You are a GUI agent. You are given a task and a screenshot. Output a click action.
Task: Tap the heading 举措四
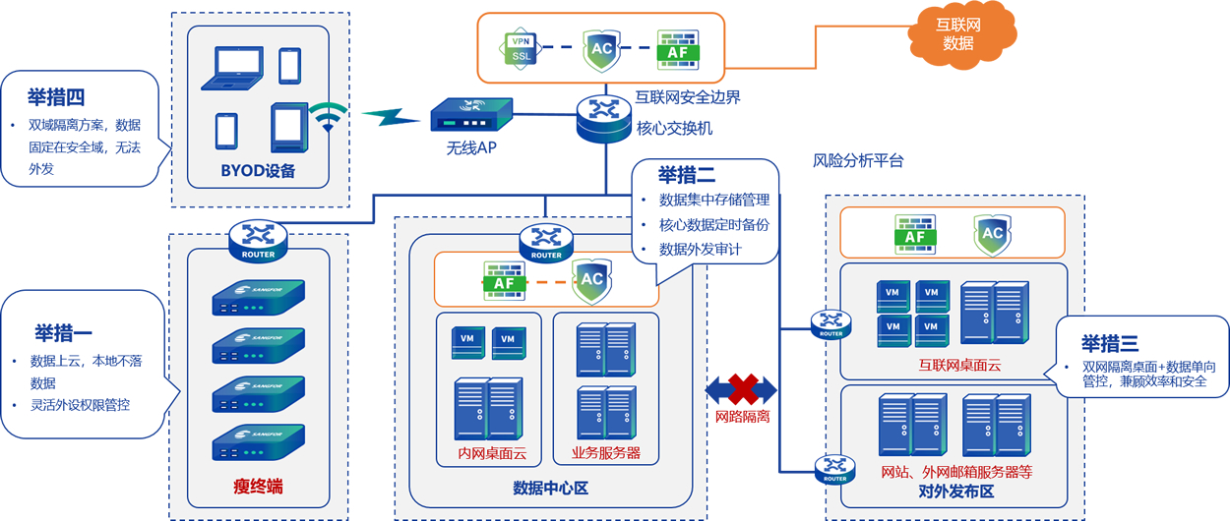click(56, 97)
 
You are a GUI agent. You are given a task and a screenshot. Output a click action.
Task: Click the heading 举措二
click(687, 175)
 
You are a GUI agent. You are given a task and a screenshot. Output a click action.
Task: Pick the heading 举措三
click(1110, 343)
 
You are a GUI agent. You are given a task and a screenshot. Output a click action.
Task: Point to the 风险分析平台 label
click(858, 160)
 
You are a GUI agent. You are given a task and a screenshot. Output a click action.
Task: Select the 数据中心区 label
click(550, 488)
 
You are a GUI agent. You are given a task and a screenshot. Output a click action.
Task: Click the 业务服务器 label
click(606, 454)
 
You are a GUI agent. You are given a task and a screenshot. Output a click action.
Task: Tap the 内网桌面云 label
click(493, 454)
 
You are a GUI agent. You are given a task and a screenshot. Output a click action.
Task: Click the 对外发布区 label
click(955, 491)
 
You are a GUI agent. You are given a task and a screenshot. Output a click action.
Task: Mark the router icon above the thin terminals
click(258, 239)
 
